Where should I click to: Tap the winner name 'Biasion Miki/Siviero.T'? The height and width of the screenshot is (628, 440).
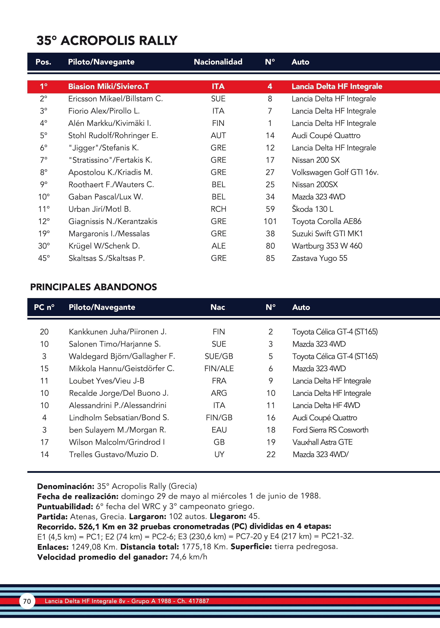[x=108, y=86]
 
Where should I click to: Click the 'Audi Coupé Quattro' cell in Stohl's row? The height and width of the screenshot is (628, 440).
[x=326, y=136]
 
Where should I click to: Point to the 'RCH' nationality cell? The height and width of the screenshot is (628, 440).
[x=218, y=209]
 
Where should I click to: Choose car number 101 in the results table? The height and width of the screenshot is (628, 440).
[x=270, y=221]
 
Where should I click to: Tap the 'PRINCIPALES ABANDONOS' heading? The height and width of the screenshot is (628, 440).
[x=93, y=287]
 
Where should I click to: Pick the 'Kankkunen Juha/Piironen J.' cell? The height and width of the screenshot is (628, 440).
[x=118, y=332]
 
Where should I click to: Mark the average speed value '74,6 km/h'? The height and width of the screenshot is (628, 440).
[x=188, y=557]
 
